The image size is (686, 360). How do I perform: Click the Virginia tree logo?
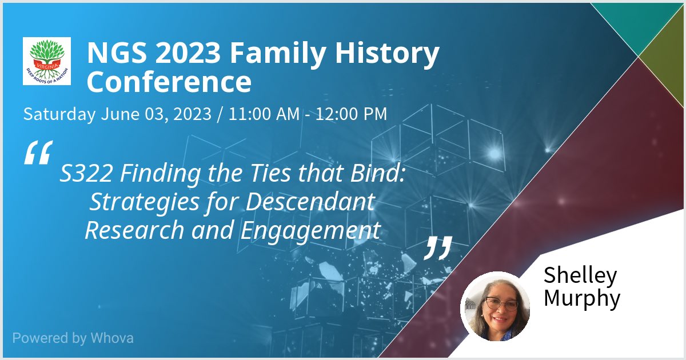click(46, 61)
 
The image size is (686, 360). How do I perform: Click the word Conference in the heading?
click(169, 82)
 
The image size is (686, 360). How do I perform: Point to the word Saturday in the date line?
click(59, 114)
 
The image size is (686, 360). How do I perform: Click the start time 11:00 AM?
click(264, 114)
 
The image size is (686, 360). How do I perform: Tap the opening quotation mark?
click(38, 153)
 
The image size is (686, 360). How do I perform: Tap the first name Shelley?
click(580, 275)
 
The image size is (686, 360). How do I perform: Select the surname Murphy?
click(582, 298)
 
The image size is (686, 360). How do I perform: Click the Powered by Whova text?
click(73, 338)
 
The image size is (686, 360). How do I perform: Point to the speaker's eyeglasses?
click(498, 303)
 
